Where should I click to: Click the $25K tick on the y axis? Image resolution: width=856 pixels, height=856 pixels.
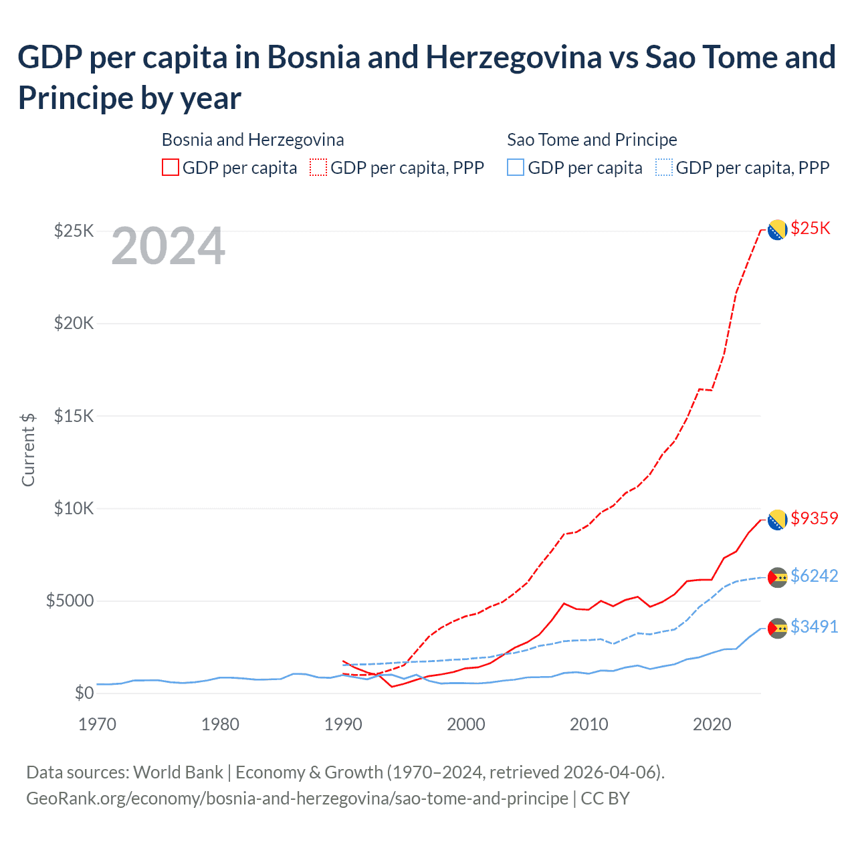(x=74, y=231)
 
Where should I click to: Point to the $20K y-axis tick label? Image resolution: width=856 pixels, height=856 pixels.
(x=74, y=324)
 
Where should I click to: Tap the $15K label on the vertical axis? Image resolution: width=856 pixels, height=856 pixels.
(x=74, y=416)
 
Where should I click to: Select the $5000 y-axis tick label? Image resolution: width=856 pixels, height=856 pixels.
(x=70, y=601)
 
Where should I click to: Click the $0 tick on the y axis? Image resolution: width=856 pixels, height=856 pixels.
(x=84, y=693)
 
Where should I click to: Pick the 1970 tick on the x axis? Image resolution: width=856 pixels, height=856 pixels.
(x=98, y=724)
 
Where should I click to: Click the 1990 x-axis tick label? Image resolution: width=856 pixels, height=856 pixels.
(x=343, y=724)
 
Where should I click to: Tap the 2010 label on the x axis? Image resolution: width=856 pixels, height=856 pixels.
(x=589, y=724)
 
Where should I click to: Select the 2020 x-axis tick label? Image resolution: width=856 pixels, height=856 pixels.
(x=712, y=724)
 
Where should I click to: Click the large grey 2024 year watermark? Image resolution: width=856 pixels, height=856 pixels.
(x=168, y=247)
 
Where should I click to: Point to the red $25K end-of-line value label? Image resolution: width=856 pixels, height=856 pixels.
(x=810, y=229)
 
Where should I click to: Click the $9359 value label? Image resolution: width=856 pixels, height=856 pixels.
(x=814, y=518)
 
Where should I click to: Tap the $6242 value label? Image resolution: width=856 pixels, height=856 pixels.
(x=814, y=576)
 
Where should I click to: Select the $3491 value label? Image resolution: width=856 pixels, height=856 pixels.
(x=814, y=627)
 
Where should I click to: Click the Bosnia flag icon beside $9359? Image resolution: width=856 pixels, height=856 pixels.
(x=777, y=520)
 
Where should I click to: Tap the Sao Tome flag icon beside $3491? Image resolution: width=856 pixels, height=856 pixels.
(x=777, y=628)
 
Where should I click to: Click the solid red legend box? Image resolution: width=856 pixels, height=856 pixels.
(x=171, y=167)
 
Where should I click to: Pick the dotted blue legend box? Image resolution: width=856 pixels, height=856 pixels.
(x=664, y=167)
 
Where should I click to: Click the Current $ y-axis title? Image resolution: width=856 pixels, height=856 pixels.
(x=28, y=449)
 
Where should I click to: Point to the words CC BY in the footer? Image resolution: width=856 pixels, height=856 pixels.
(x=605, y=798)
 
